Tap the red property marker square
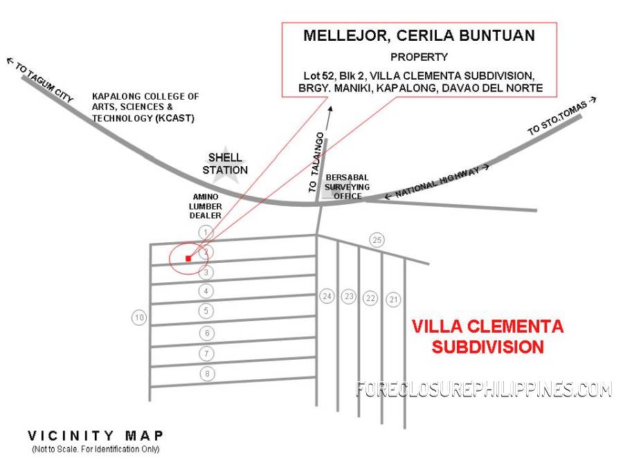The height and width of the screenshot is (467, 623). click(188, 259)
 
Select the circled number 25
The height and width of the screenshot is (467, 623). click(377, 240)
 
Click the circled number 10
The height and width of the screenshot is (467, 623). click(140, 318)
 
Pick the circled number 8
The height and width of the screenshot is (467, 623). click(206, 374)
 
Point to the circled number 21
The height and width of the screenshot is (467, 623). click(393, 299)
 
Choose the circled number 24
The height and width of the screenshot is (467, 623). click(327, 296)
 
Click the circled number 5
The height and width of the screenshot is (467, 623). click(206, 311)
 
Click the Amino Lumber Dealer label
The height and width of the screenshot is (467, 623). click(206, 206)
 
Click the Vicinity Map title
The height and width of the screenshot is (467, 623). click(96, 436)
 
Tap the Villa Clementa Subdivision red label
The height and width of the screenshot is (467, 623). click(487, 336)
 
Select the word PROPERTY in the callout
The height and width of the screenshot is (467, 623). click(419, 57)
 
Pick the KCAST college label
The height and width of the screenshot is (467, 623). click(145, 107)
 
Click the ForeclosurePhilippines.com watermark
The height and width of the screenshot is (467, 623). click(484, 390)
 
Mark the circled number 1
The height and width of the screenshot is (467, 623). click(204, 231)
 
